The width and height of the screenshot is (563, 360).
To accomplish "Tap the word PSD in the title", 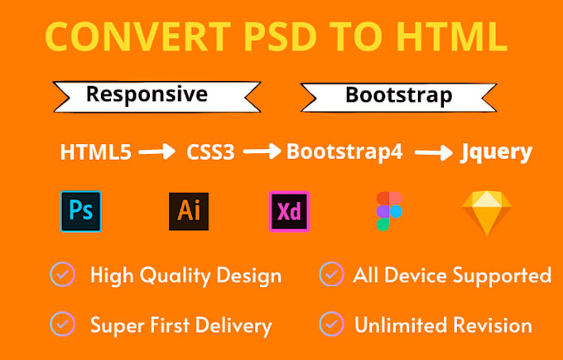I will coord(257,37).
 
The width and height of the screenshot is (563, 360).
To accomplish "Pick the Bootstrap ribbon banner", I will coord(398,95).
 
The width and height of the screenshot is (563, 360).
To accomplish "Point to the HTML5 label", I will coord(96,153).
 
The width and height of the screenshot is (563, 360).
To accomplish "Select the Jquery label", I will coord(496,153).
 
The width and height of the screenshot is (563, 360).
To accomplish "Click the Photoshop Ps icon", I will coord(81,211).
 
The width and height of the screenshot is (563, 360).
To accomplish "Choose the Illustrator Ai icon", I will coord(187,211).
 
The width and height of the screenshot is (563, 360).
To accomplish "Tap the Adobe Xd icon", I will coord(289,211).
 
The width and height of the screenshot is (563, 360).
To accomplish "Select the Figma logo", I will coord(389,211).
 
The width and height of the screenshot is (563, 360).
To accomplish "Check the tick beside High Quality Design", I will coord(61,273).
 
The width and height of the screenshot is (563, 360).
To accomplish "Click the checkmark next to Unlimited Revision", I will coord(331,323).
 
